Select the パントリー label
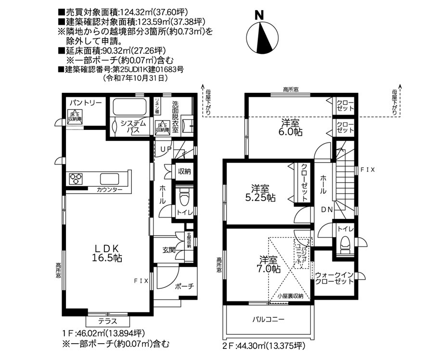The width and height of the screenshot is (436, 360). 85,103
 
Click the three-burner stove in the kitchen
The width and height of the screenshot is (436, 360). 76,179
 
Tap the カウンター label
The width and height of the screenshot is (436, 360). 109,190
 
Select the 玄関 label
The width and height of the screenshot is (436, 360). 168,250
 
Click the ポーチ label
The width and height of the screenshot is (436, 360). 184,286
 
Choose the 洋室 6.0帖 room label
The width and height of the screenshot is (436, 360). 292,127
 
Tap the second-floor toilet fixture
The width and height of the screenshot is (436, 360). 344,243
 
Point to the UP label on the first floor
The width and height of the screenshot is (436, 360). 166,149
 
